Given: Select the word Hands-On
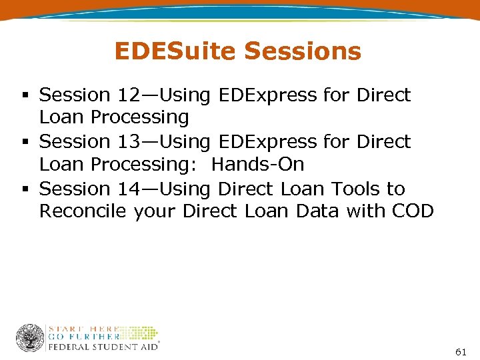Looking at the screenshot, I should (257, 164).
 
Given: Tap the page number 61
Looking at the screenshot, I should (460, 351).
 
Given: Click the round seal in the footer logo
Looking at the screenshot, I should (30, 338).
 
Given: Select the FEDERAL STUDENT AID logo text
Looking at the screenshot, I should (103, 347).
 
